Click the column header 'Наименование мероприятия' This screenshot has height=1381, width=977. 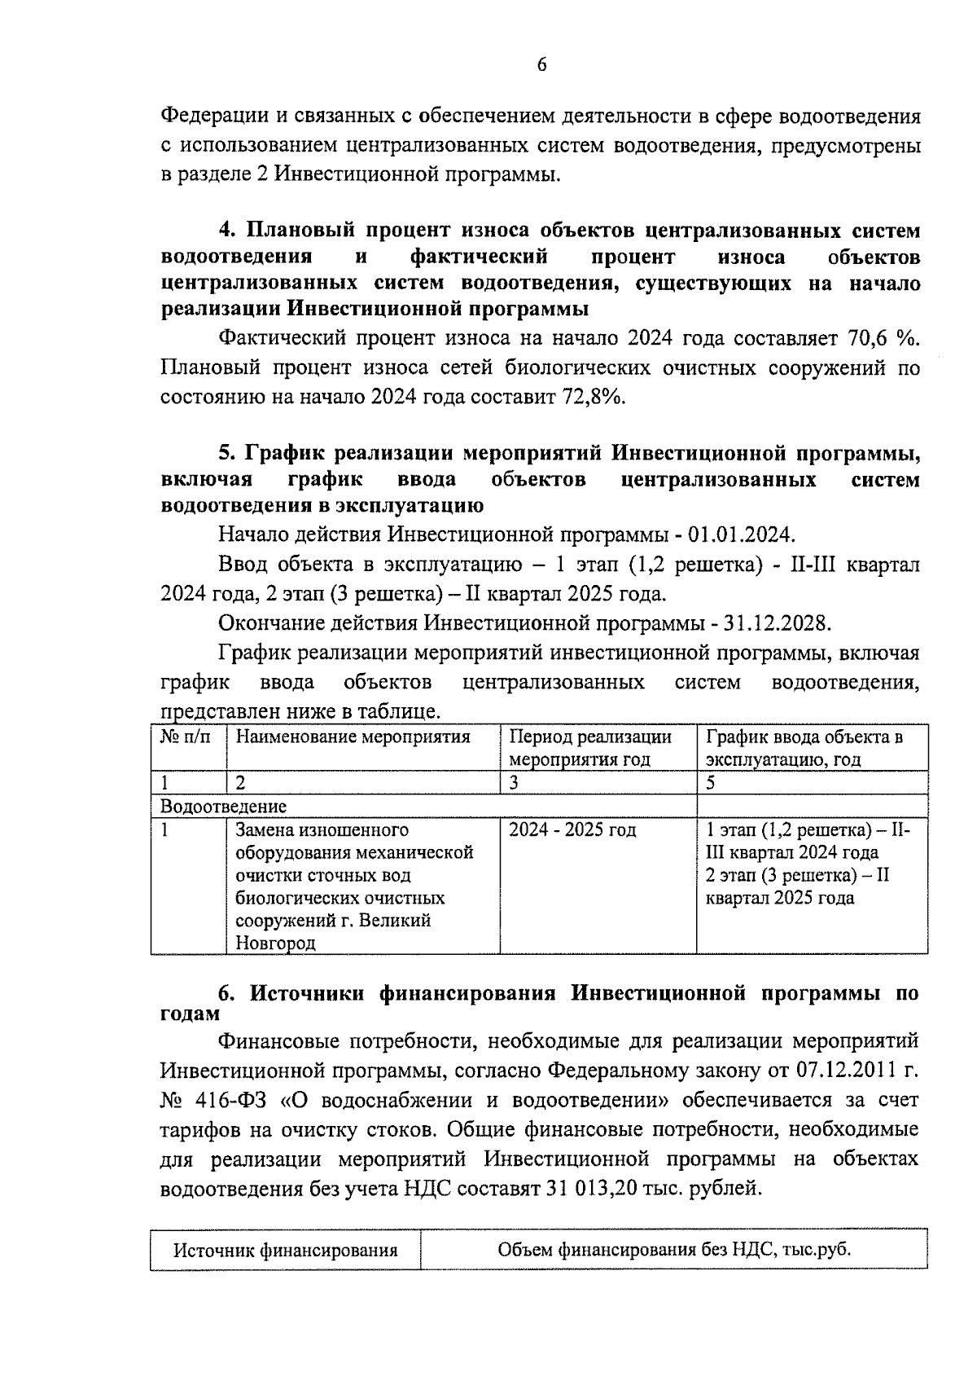tap(353, 737)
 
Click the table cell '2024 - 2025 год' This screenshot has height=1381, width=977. tap(572, 830)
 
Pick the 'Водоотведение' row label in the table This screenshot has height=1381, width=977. tap(224, 807)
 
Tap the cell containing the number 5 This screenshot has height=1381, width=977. tap(711, 783)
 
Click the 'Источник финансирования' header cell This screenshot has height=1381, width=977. tap(285, 1250)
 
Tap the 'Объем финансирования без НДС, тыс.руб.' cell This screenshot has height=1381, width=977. tap(673, 1250)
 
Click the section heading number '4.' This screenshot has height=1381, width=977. tap(227, 231)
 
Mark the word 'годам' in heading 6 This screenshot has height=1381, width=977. tap(191, 1014)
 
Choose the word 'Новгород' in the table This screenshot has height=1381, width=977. tap(275, 943)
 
